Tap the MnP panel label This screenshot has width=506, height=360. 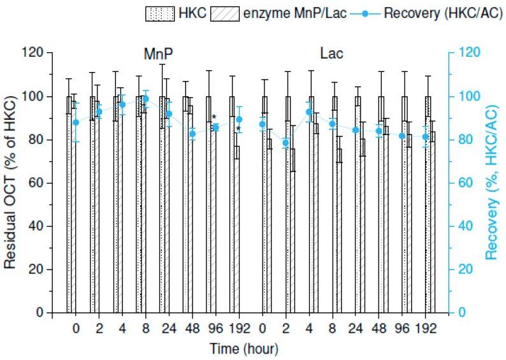click(x=158, y=54)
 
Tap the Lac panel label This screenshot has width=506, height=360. click(x=333, y=54)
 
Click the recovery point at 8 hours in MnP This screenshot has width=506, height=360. click(x=145, y=99)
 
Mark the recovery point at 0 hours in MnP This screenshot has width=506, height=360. click(x=76, y=122)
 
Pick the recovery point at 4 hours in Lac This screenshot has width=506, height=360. click(x=309, y=112)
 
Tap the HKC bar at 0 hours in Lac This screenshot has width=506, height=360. click(x=264, y=204)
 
